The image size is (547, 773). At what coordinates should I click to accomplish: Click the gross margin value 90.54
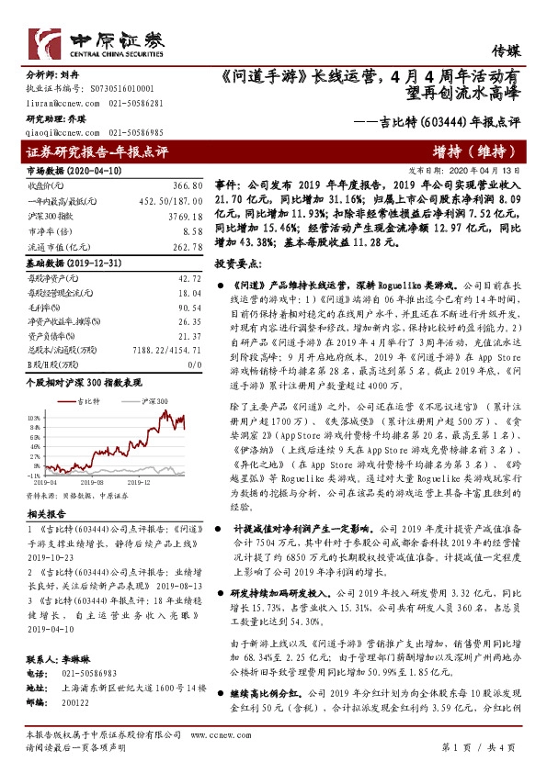click(188, 308)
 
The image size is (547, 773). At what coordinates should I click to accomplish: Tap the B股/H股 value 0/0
click(193, 363)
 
